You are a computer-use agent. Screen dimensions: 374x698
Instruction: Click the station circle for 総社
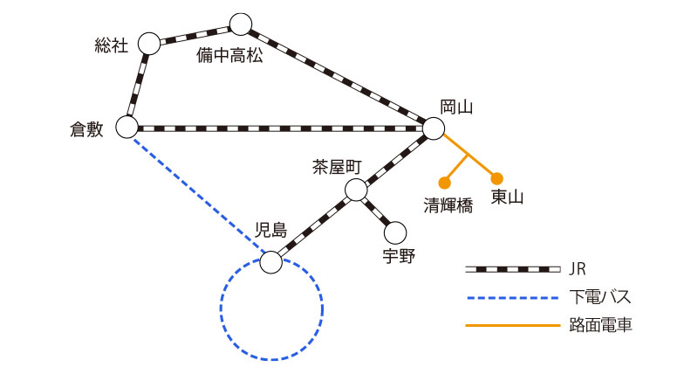[150, 43]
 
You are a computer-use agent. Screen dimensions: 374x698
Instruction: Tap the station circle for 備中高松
[240, 24]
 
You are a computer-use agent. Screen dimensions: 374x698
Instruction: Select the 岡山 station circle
[434, 128]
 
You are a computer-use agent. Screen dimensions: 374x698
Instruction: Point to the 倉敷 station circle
[127, 128]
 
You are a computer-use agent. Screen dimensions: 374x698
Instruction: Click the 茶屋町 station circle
[356, 190]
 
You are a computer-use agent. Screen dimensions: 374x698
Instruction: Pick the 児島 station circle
[271, 261]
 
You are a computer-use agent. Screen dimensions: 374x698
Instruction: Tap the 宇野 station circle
[396, 232]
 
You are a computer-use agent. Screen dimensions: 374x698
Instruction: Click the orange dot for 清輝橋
[444, 183]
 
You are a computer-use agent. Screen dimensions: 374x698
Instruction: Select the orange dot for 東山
[497, 177]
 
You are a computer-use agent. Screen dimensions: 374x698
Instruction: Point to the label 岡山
[456, 107]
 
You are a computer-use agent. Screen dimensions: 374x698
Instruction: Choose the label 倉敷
[87, 128]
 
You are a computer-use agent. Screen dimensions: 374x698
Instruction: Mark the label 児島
[270, 230]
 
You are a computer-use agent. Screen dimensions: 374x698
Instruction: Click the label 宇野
[399, 257]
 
